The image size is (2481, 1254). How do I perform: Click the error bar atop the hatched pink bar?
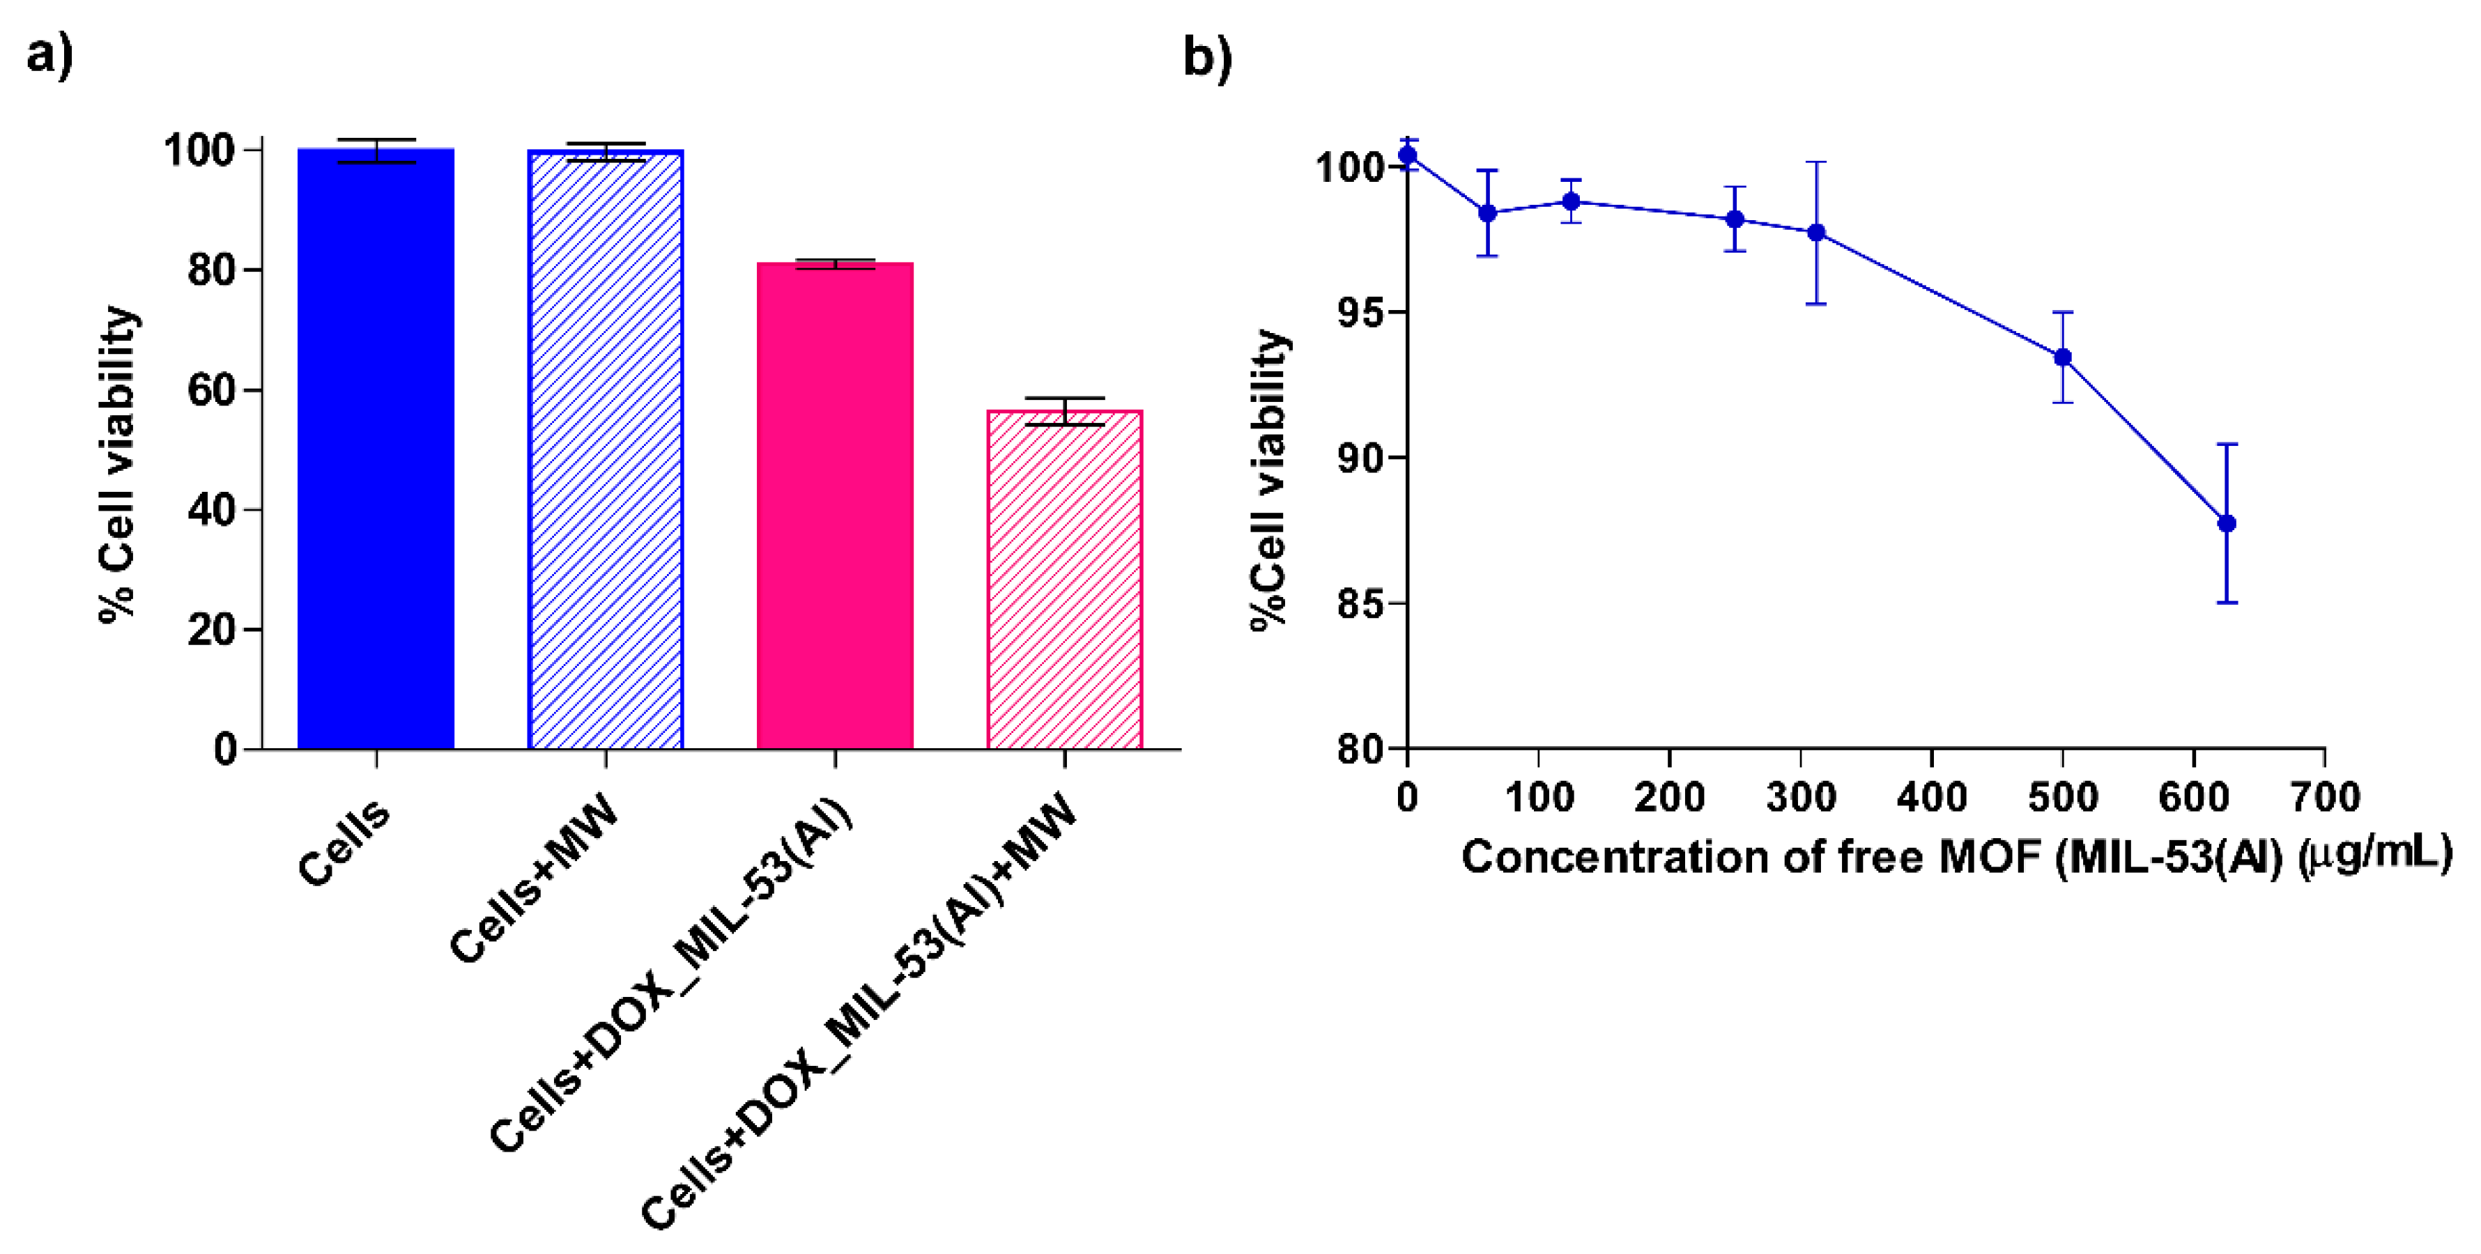[1064, 410]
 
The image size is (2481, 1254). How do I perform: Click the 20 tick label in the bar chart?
[211, 630]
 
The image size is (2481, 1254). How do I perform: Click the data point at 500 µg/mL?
[2062, 357]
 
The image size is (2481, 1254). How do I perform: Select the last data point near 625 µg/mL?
[2226, 523]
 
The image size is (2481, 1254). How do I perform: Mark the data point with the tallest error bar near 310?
[1816, 232]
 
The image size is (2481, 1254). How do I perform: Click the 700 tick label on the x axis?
[2324, 798]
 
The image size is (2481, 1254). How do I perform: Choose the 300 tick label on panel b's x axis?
[1800, 798]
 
